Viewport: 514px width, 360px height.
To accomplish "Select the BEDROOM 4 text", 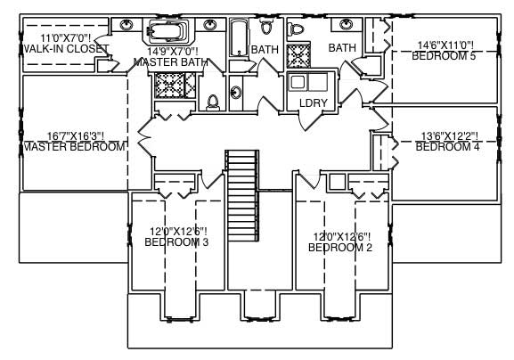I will [448, 146].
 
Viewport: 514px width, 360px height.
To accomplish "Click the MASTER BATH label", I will [172, 62].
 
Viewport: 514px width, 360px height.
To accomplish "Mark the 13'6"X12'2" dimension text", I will [449, 135].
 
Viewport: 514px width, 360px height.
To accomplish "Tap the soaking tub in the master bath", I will [167, 33].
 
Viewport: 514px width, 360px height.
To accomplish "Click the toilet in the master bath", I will [213, 102].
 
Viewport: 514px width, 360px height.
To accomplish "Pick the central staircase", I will [242, 194].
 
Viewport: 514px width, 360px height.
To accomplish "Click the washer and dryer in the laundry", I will [308, 84].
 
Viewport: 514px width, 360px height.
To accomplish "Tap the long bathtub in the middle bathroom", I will [239, 38].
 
